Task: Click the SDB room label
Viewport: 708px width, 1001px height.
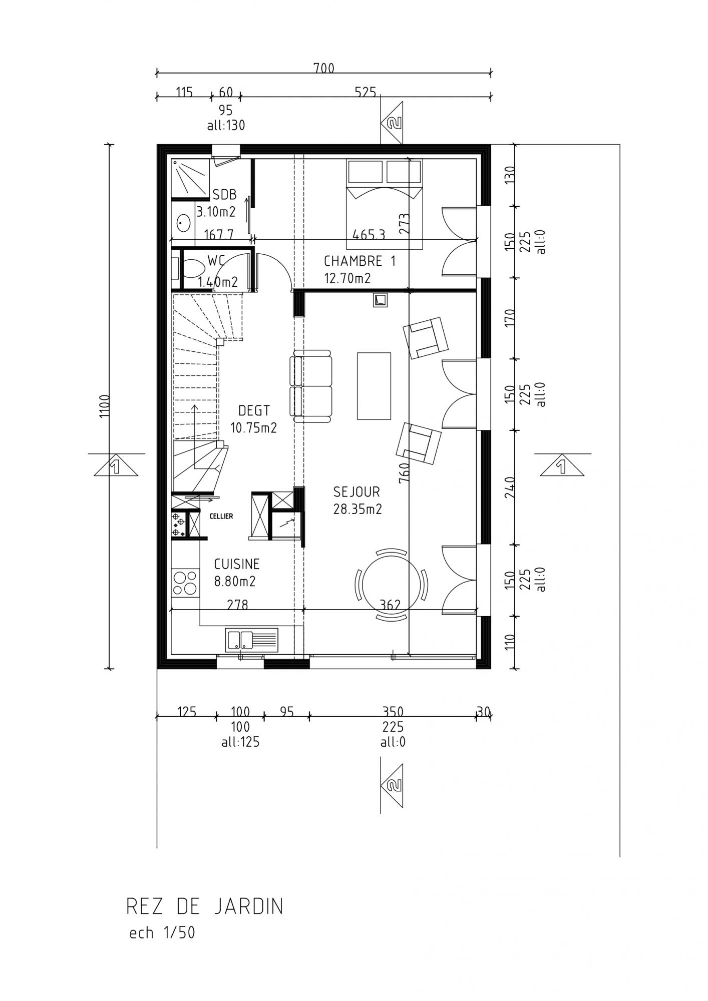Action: click(225, 195)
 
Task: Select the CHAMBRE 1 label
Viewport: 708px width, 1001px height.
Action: click(360, 261)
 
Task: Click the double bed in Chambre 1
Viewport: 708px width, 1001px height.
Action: click(385, 204)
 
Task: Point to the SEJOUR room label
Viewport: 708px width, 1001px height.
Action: click(357, 492)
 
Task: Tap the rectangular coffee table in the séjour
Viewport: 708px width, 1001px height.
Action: click(374, 385)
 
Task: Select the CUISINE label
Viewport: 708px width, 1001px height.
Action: click(237, 564)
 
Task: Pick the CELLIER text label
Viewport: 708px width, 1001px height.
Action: click(221, 516)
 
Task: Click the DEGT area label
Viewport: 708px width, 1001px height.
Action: click(254, 411)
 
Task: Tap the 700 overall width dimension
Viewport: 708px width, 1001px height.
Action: click(324, 68)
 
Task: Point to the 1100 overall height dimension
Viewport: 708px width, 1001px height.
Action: click(105, 406)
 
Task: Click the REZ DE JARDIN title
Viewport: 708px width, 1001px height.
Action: click(205, 906)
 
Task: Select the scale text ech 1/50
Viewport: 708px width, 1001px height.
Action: click(162, 933)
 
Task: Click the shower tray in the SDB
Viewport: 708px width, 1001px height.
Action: click(189, 179)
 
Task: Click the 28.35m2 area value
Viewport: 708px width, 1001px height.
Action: click(358, 509)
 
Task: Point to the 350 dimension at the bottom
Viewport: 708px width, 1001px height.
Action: click(393, 711)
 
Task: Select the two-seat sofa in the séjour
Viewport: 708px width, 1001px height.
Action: click(311, 386)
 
